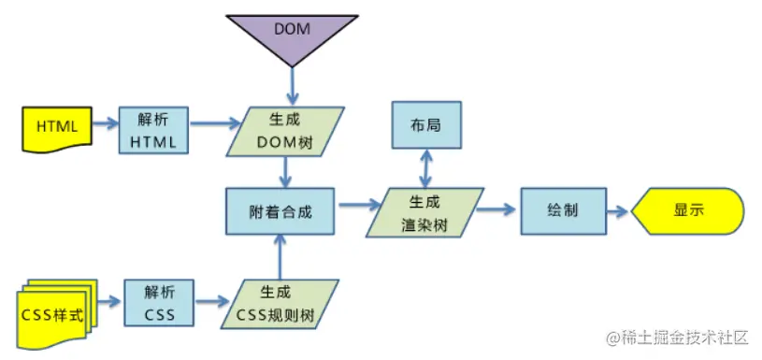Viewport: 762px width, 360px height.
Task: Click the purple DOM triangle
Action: pos(293,34)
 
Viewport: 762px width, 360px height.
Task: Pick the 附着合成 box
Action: pos(280,211)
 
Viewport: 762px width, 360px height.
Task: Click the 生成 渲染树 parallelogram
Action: pos(424,212)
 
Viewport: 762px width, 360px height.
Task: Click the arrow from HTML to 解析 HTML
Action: pos(105,124)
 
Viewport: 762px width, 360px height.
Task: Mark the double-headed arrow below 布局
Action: pos(426,168)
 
